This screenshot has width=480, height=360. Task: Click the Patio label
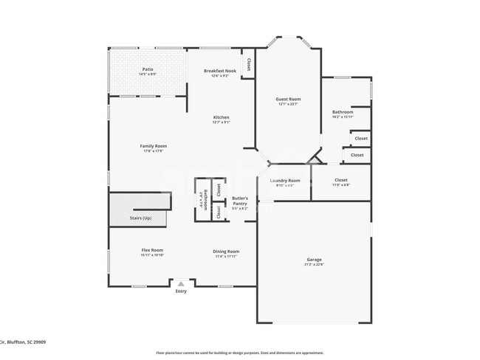pos(148,69)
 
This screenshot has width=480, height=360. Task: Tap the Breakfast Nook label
pos(220,70)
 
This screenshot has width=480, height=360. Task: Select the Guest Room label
pos(288,99)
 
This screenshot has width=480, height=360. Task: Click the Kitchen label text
pos(221,117)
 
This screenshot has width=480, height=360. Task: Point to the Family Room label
pos(154,145)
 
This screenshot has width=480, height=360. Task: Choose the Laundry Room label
pos(284,180)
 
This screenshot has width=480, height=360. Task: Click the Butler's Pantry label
pos(240,199)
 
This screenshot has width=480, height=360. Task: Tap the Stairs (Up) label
pos(140,218)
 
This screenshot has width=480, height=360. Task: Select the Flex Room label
pos(152,250)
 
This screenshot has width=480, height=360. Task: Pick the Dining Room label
pos(227,251)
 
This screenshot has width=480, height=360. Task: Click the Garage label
pos(314,259)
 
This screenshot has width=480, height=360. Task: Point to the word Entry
pos(181,291)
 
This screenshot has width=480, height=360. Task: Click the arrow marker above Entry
pos(181,283)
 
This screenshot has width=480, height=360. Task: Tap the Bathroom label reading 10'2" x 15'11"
pos(343,111)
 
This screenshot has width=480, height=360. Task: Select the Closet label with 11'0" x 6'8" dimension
pos(340,180)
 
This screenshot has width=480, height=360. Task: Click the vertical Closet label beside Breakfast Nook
pos(248,63)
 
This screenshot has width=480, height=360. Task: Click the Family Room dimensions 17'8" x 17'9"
pos(154,150)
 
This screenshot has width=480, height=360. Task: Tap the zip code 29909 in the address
pos(38,342)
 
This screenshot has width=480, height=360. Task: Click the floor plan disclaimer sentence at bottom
pos(239,353)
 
